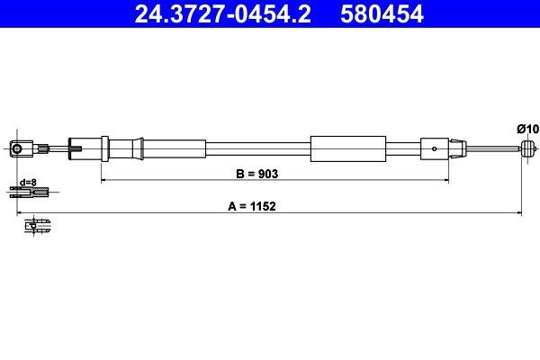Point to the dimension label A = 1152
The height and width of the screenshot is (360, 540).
coord(251,205)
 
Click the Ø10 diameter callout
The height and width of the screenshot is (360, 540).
coord(527,130)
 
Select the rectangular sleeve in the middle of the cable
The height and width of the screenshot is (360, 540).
coord(347,148)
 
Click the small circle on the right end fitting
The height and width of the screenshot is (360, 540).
coord(436,148)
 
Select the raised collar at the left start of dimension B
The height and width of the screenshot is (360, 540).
coord(105,147)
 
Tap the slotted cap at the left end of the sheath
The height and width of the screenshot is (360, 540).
coord(76,147)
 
